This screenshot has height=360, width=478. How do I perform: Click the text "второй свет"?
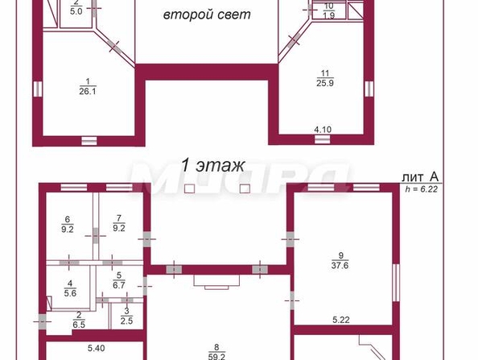207,14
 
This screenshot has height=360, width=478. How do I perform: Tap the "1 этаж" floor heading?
212,166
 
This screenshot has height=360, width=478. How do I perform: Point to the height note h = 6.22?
422,188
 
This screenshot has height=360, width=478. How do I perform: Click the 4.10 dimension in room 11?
323,129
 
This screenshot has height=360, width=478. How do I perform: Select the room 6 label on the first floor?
68,223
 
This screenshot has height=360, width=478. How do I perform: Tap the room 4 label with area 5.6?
70,288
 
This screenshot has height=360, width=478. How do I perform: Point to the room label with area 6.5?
78,320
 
